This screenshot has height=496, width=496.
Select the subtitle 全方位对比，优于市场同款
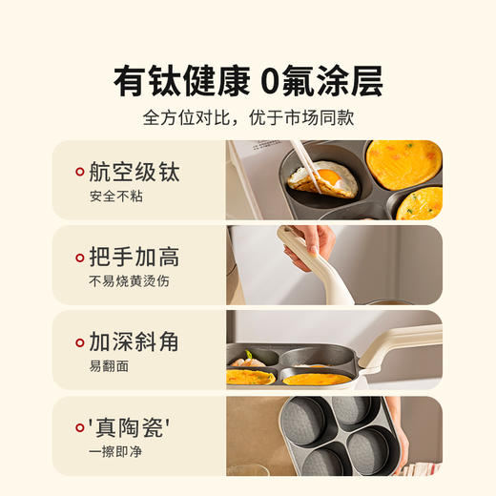[248, 119]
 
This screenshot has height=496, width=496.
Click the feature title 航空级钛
[134, 173]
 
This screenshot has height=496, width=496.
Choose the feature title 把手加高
[134, 257]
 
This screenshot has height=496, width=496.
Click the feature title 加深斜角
[134, 341]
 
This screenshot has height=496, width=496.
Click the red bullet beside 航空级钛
[79, 174]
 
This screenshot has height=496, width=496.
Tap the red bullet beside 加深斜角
[79, 342]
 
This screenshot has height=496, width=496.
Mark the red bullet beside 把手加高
[79, 258]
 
